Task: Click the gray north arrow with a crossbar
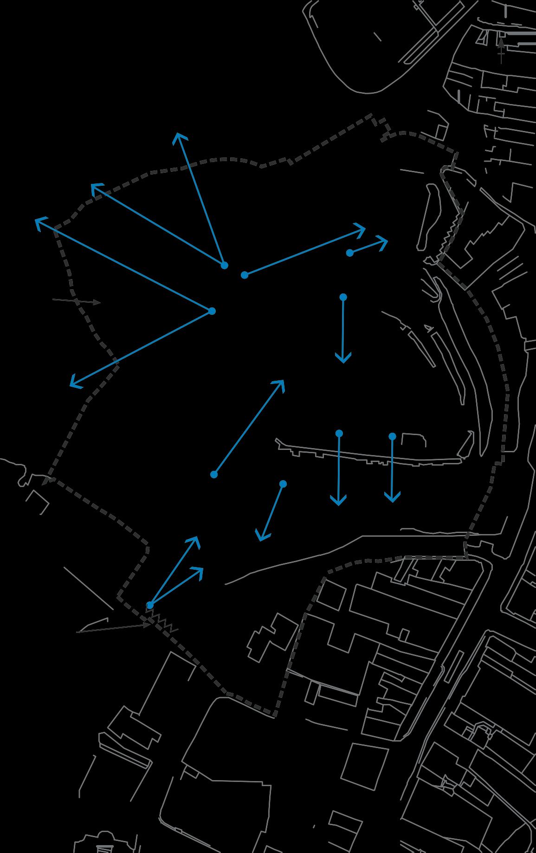(501, 48)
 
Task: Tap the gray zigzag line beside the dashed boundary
(162, 621)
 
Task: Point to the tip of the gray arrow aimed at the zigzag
(149, 625)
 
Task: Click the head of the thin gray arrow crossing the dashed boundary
(99, 303)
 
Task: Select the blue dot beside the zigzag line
(150, 605)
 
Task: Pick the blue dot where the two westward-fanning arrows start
(212, 311)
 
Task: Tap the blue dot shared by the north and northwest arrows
(224, 265)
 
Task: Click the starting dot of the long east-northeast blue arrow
(245, 275)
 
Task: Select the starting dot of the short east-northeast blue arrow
(350, 253)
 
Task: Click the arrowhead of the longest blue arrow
(36, 220)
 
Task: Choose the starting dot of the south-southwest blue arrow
(283, 484)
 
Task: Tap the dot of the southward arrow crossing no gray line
(343, 297)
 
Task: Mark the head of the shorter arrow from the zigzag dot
(202, 569)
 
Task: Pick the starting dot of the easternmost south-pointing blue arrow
(392, 436)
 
